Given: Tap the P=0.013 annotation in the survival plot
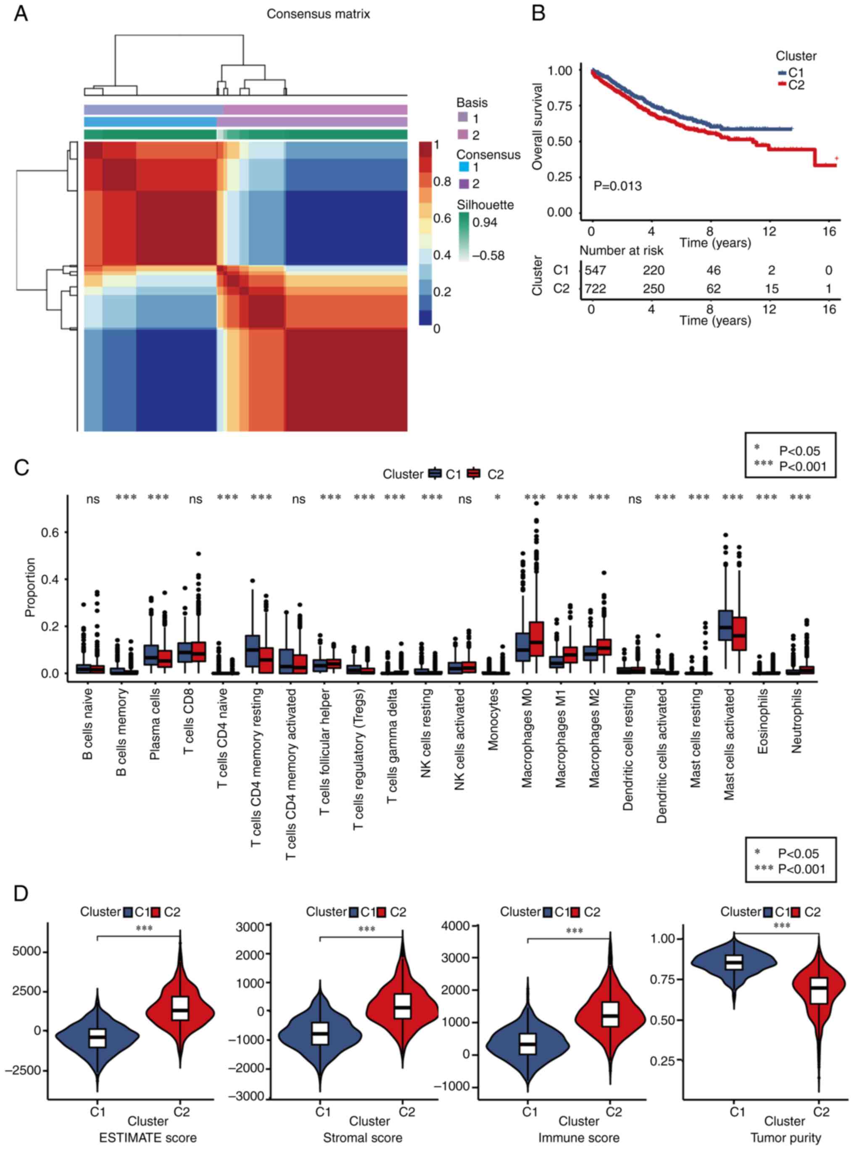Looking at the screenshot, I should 617,186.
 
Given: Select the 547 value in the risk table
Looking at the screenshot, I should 595,270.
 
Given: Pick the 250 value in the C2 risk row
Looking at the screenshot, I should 654,289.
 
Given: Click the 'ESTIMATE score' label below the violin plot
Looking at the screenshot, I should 148,1137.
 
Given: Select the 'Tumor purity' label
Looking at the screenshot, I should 785,1137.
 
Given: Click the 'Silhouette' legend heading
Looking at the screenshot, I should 485,205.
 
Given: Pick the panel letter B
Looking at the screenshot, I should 538,14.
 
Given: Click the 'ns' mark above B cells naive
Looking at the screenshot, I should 93,499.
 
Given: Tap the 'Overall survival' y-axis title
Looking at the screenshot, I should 538,126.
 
